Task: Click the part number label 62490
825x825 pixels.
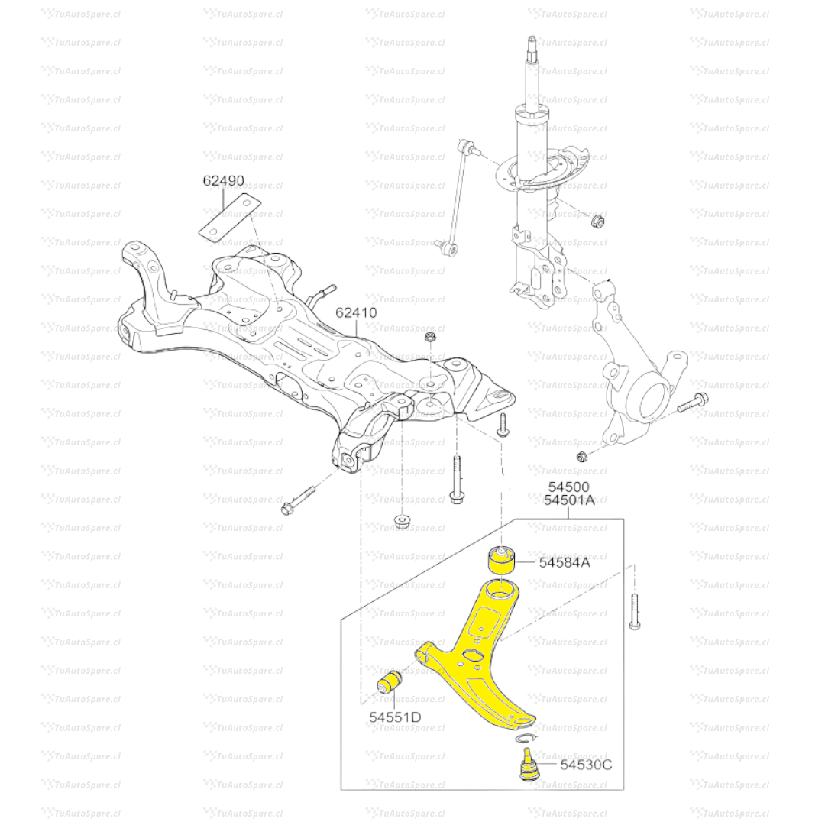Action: click(224, 180)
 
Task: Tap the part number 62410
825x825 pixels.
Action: click(356, 312)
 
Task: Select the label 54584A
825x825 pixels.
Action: click(565, 562)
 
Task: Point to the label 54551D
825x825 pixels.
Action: click(395, 717)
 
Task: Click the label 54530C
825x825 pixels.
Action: click(586, 765)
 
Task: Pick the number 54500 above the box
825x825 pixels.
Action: click(569, 487)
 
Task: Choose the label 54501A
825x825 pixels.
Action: click(569, 500)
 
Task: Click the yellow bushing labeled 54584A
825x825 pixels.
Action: click(501, 561)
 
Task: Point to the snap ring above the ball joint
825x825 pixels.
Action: click(526, 738)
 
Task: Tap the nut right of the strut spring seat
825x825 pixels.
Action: click(597, 220)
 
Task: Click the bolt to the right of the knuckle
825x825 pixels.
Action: click(693, 403)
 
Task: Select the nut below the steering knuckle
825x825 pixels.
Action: click(582, 455)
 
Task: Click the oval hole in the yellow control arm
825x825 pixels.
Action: click(473, 655)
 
